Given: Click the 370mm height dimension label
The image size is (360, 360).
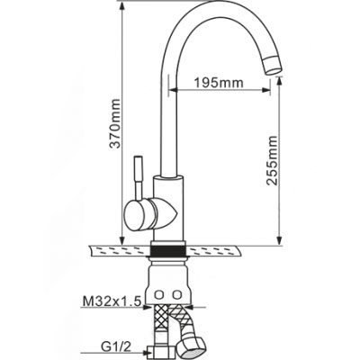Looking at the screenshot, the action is pos(115,123).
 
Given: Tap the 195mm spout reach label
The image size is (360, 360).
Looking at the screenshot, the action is pos(219,82).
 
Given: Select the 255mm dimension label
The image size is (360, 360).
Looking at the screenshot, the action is pos(273,160).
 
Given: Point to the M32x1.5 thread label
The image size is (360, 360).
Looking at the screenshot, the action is pos(112,301).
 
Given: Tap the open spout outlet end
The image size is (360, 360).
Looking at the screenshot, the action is pos(273,67).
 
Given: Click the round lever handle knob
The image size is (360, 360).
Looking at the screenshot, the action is pos(139,215).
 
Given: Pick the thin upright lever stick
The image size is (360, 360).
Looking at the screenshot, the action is pos(139,177).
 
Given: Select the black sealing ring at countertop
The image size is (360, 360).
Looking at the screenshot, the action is pos(168,251).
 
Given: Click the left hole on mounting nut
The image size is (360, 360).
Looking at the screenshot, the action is pos(158,293).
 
